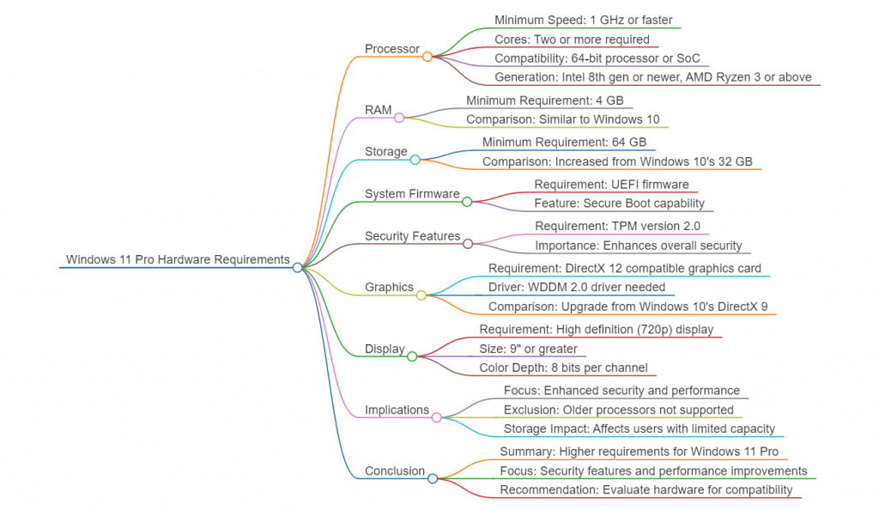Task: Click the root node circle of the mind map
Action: pyautogui.click(x=297, y=268)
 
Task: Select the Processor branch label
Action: pyautogui.click(x=391, y=49)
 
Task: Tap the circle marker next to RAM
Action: pyautogui.click(x=399, y=118)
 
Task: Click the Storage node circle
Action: pyautogui.click(x=415, y=160)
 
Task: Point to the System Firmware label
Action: pyautogui.click(x=412, y=194)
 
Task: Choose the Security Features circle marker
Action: pyautogui.click(x=467, y=244)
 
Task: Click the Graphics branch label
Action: pyautogui.click(x=389, y=287)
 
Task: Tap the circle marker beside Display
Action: pyautogui.click(x=412, y=356)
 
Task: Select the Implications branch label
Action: pyautogui.click(x=397, y=410)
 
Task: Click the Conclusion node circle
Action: pyautogui.click(x=433, y=478)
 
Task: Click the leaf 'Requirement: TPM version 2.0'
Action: pyautogui.click(x=617, y=226)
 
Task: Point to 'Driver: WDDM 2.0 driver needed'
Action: pyautogui.click(x=577, y=287)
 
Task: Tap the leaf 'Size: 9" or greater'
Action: pyautogui.click(x=528, y=349)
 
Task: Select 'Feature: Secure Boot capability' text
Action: pyautogui.click(x=619, y=203)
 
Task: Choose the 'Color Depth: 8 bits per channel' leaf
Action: pyautogui.click(x=562, y=367)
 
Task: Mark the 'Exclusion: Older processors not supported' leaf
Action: pyautogui.click(x=618, y=410)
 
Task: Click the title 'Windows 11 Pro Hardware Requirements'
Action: pyautogui.click(x=178, y=259)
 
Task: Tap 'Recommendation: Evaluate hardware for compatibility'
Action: pyautogui.click(x=646, y=490)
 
